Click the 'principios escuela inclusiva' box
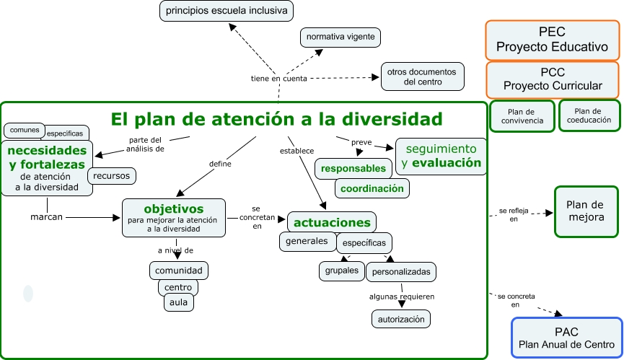coord(226,11)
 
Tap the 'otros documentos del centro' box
coord(422,76)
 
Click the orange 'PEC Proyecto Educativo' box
coord(552,40)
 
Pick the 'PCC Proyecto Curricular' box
coord(552,79)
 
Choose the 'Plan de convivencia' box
coord(522,116)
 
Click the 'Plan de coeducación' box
coord(589,115)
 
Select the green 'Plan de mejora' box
coord(586,211)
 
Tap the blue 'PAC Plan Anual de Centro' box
coord(566,338)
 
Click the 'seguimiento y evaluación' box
coord(441,156)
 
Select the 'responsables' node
coord(353,169)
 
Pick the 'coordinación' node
coord(372,188)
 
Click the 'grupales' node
coord(341,271)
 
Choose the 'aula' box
coord(178,302)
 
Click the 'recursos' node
coord(112,175)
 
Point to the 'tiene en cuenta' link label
coord(278,78)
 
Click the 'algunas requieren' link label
coord(402,297)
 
